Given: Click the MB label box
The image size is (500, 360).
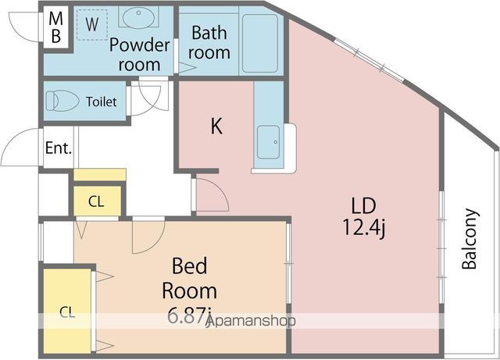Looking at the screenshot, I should click(x=55, y=27).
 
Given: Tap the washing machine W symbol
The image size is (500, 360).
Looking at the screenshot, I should click(x=92, y=25).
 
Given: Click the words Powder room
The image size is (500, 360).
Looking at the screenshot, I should click(x=139, y=55).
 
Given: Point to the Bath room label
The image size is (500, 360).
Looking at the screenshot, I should click(x=209, y=43).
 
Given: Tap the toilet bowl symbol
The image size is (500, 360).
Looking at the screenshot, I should click(x=61, y=102).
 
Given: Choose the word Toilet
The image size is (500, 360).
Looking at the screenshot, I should click(x=101, y=102).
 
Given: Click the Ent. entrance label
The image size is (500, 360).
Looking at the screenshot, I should click(x=58, y=148).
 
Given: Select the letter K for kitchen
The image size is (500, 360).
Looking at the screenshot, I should click(x=216, y=127).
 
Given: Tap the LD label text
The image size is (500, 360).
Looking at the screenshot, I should click(x=363, y=206).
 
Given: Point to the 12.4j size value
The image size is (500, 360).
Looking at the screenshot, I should click(x=363, y=230).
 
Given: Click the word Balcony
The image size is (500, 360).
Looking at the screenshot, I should click(x=470, y=238).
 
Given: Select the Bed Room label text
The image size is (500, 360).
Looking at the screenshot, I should click(x=189, y=280).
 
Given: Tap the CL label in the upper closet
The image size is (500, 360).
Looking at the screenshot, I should click(x=95, y=201).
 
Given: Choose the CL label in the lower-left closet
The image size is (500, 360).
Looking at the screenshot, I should click(x=67, y=312).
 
